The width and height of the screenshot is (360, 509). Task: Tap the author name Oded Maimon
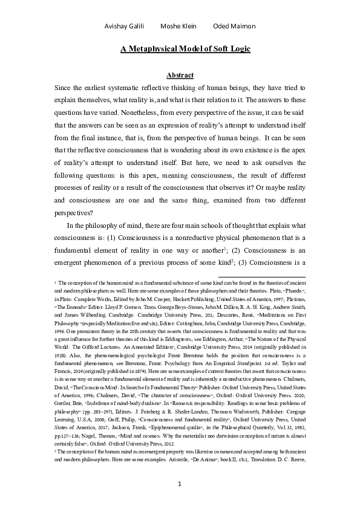click(x=235, y=26)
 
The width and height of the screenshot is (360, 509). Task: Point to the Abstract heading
click(x=180, y=75)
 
